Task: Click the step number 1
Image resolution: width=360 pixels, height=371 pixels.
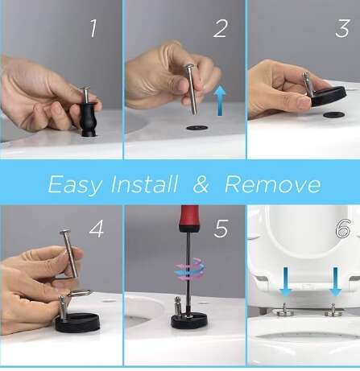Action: [x=93, y=28]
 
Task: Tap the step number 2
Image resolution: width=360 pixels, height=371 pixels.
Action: [x=221, y=28]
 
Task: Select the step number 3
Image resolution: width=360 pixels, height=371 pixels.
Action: [x=342, y=28]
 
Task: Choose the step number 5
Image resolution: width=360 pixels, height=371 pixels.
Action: [x=221, y=229]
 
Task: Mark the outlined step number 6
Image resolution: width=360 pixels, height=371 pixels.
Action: [x=343, y=229]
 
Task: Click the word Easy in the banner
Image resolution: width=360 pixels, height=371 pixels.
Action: [x=75, y=185]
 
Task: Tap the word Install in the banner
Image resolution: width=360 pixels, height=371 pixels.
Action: [x=144, y=184]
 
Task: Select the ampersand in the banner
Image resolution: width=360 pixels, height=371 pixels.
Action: [x=201, y=184]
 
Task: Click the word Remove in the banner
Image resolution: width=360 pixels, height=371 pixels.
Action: [x=273, y=184]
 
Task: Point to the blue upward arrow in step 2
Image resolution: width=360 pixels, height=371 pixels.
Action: [x=220, y=101]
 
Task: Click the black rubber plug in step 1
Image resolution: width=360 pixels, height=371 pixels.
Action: [x=89, y=119]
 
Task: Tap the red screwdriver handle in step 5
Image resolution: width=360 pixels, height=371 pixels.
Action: [x=189, y=218]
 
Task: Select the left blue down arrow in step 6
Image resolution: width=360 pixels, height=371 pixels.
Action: [x=285, y=282]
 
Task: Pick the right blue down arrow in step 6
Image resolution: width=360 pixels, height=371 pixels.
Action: [x=335, y=282]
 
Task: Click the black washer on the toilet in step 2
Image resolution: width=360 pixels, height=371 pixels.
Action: [x=197, y=128]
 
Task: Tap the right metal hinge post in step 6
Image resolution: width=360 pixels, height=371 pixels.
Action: [x=333, y=310]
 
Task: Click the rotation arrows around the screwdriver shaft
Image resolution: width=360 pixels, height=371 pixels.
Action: [x=190, y=269]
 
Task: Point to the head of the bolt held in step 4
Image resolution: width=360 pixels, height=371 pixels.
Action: [x=65, y=232]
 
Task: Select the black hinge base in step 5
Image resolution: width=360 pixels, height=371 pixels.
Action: [x=189, y=320]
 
